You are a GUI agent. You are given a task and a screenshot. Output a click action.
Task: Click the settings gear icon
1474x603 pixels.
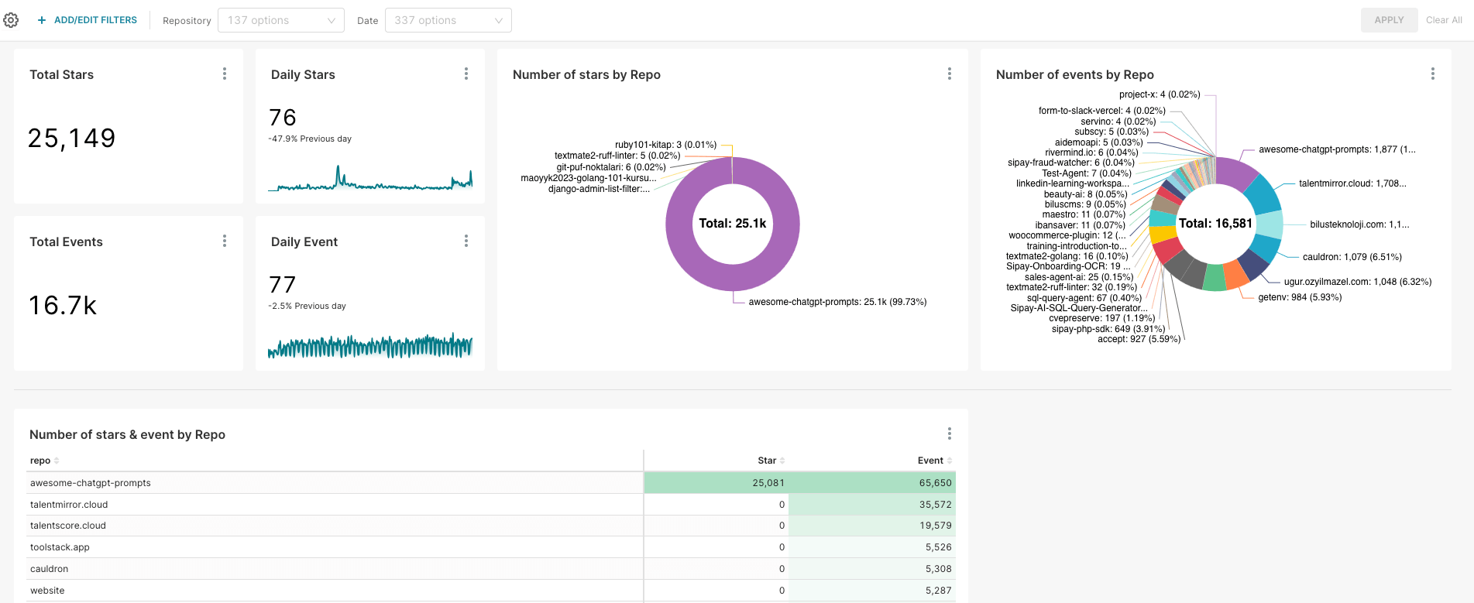point(11,20)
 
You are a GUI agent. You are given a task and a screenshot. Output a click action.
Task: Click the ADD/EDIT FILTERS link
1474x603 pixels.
point(88,20)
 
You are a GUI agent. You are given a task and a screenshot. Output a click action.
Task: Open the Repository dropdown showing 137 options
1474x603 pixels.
point(280,20)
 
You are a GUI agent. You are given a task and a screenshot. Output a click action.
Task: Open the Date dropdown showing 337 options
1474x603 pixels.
point(448,20)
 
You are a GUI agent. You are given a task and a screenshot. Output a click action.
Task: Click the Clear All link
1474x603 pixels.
point(1443,20)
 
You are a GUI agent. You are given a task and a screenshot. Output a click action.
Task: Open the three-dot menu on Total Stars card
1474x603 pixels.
point(225,74)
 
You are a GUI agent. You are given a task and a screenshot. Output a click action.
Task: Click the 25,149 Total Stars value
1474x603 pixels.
point(72,139)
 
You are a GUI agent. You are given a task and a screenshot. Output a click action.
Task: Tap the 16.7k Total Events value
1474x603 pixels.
point(63,306)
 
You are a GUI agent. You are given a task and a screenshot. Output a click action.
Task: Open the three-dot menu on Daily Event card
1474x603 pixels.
point(466,241)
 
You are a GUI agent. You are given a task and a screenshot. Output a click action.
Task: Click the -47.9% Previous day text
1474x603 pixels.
point(310,139)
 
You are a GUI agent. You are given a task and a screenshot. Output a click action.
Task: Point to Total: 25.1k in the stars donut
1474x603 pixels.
point(732,224)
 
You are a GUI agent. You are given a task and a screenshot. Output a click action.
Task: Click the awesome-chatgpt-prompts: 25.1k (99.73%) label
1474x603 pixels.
point(837,302)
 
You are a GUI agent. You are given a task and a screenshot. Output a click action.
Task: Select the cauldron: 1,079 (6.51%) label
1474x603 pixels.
point(1352,257)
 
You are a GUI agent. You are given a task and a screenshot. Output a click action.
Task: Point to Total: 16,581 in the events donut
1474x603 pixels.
point(1215,224)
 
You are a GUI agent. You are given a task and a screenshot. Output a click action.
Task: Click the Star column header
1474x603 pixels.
point(767,461)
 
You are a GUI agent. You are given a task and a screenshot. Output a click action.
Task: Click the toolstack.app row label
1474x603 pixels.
point(60,547)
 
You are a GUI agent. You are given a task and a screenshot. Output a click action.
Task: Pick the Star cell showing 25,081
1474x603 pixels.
point(768,483)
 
